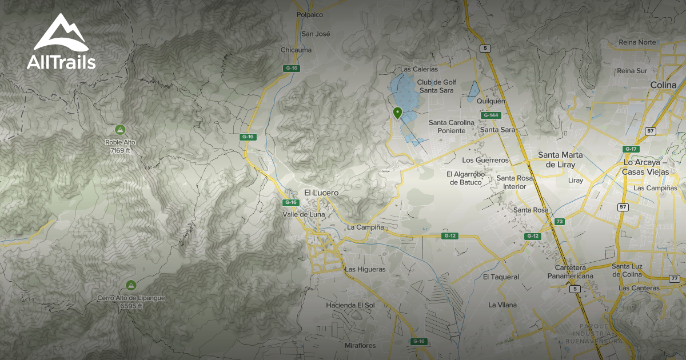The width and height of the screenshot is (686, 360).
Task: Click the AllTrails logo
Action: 61,42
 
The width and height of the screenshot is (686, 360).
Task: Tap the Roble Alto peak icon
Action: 120,129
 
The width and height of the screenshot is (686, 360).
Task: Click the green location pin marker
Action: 397,113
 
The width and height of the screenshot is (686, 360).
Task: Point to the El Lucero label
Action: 321,193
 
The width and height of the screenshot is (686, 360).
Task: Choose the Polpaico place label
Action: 310,15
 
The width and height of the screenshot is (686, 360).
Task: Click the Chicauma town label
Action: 296,50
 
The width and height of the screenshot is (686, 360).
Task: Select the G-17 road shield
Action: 631,149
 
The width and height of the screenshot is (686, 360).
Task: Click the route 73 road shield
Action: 560,222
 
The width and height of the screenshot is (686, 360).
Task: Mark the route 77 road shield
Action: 675,278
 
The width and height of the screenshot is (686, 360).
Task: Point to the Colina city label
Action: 663,85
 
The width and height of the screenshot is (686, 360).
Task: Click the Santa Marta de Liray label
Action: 560,159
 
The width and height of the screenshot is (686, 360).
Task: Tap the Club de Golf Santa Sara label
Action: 436,86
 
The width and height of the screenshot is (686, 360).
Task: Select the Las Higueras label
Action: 365,269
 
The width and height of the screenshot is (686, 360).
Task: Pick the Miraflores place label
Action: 360,346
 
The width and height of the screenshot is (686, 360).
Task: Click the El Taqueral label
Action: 501,277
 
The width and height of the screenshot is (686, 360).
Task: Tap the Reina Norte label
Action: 637,42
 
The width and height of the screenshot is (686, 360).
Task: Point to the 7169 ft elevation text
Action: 121,151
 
